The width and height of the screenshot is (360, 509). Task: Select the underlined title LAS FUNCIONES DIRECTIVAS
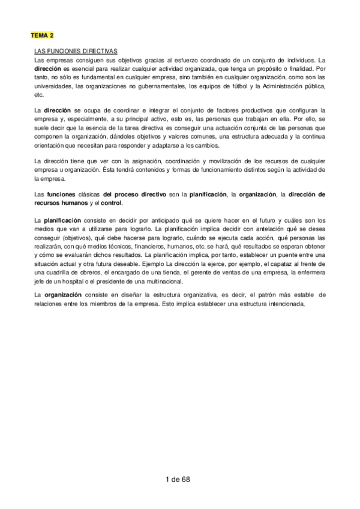pos(75,52)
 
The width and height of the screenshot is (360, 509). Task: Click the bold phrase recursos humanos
pos(61,203)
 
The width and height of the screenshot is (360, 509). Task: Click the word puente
pos(285,254)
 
